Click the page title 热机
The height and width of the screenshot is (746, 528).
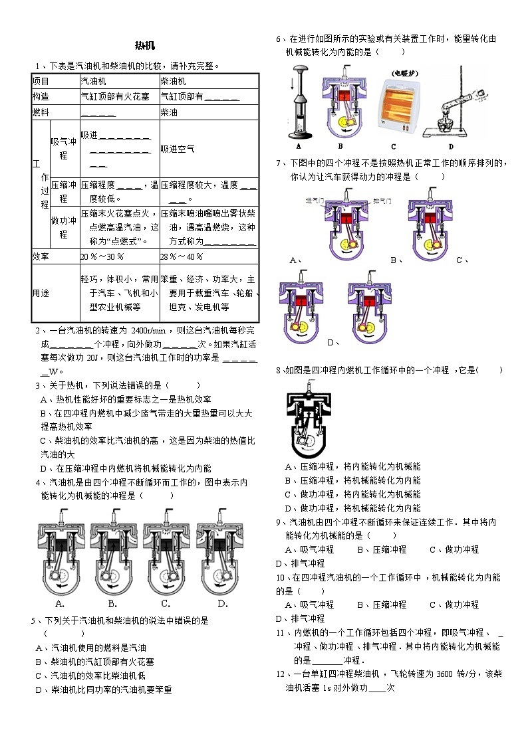tap(144, 46)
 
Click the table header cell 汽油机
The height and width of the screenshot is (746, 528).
tap(92, 81)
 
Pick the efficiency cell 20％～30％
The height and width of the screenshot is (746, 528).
tap(102, 256)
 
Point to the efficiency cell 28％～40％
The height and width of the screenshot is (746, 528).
tap(182, 256)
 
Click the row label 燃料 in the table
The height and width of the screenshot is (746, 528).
tap(41, 113)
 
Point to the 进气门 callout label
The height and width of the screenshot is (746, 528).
tap(315, 200)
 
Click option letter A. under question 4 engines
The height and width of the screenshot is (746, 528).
tap(59, 603)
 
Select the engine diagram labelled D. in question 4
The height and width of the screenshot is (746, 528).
tap(223, 603)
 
